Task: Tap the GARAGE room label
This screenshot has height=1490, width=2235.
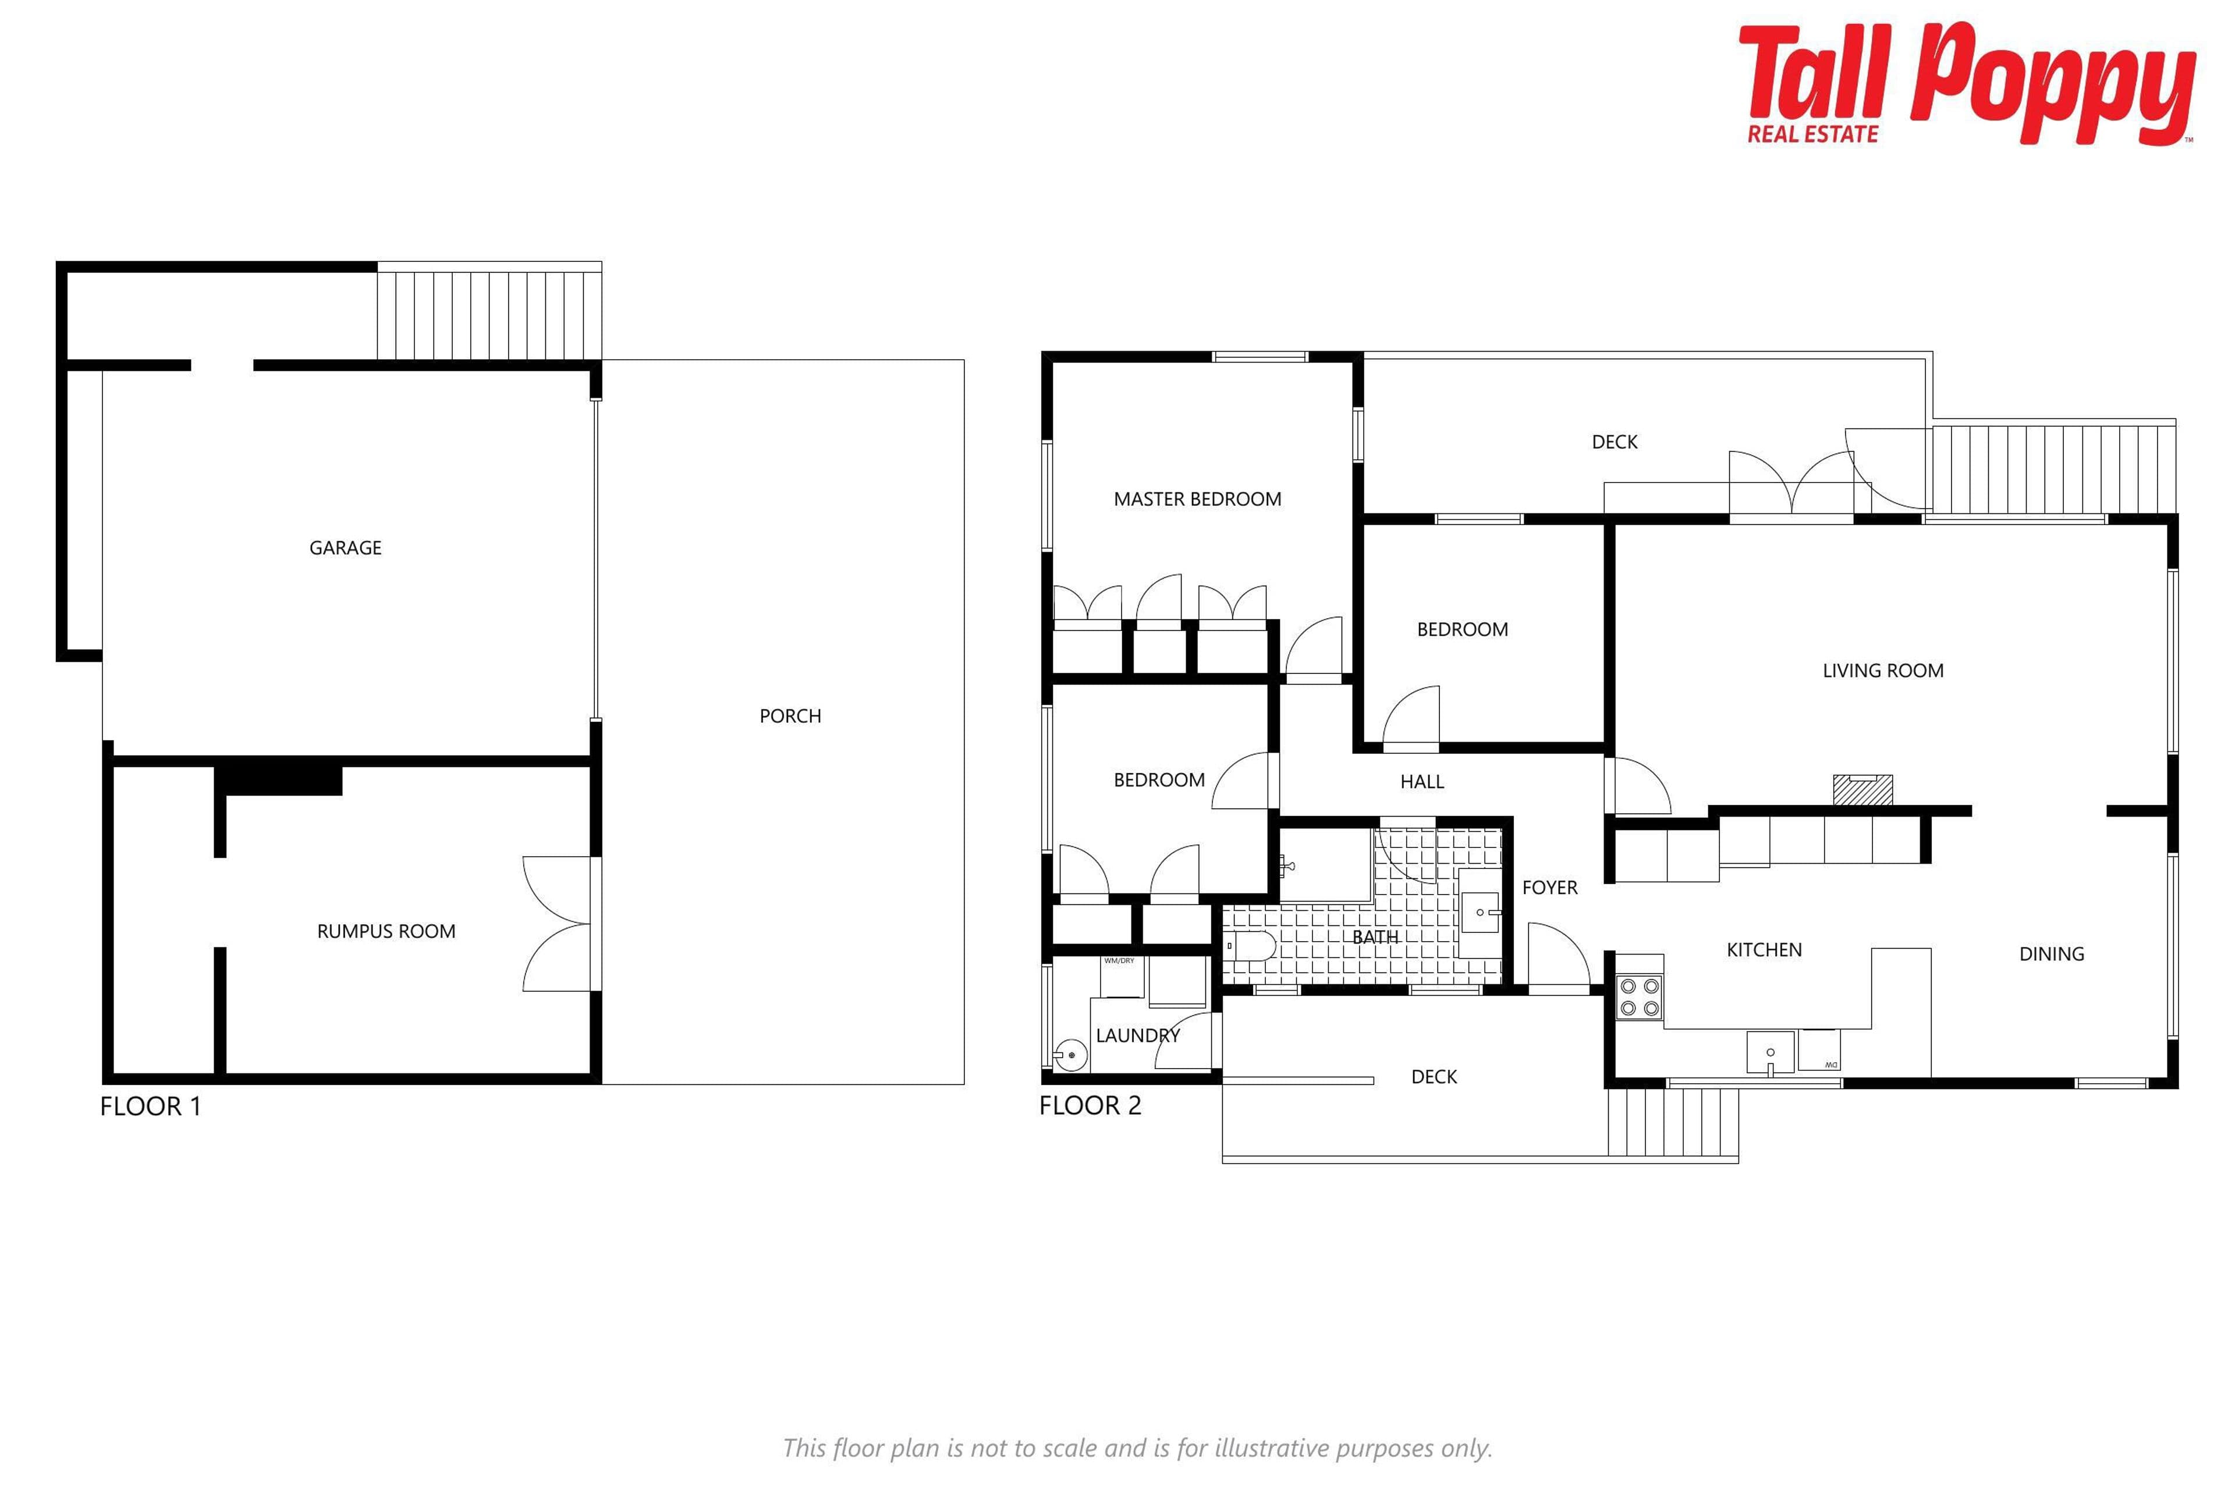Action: click(345, 547)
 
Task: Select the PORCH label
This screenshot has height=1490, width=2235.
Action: click(790, 715)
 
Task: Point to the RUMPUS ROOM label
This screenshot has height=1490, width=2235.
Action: click(386, 931)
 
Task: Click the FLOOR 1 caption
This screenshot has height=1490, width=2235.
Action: click(150, 1106)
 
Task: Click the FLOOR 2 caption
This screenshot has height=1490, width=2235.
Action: click(1090, 1105)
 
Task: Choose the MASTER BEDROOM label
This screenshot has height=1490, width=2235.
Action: click(1197, 499)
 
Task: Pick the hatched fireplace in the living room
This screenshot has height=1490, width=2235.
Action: click(1862, 790)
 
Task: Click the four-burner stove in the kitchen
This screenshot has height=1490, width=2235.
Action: click(1639, 998)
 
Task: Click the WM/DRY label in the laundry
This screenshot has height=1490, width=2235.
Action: click(1119, 961)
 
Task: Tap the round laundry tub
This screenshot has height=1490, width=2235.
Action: click(1070, 1055)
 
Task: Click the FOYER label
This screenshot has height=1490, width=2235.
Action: click(1550, 888)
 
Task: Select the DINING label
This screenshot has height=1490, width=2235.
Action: click(2052, 954)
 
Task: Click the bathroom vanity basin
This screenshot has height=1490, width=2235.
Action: click(1480, 912)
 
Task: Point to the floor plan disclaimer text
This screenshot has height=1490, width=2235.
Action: click(1137, 1448)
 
